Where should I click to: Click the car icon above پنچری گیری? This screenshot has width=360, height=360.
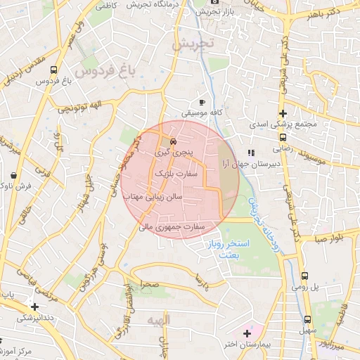[174, 141]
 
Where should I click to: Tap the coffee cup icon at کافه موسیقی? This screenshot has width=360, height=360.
[202, 102]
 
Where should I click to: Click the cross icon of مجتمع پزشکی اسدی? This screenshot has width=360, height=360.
[283, 113]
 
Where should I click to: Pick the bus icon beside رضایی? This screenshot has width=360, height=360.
[283, 138]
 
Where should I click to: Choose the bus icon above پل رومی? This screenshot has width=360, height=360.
[304, 276]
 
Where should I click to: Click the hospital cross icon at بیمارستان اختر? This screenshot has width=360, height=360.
[247, 332]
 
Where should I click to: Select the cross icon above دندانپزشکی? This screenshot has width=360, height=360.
[34, 307]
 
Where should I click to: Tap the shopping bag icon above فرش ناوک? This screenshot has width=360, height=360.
[15, 175]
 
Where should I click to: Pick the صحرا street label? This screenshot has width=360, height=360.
[149, 285]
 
